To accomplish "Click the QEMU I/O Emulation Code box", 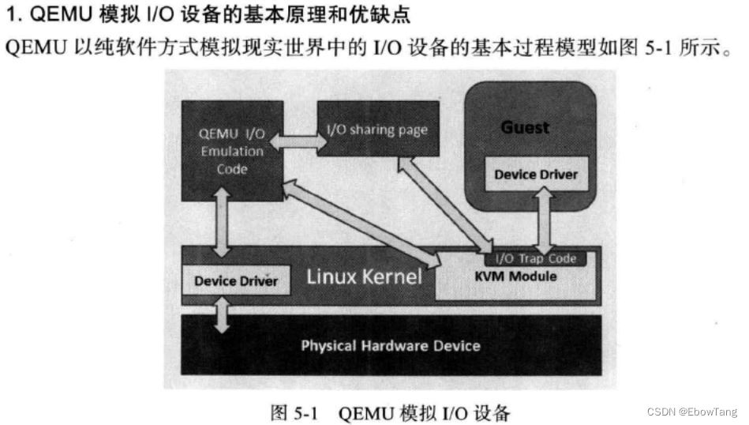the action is click(223, 150).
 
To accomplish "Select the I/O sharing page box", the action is click(377, 129).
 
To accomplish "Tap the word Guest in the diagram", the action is click(525, 127).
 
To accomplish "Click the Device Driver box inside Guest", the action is click(536, 174).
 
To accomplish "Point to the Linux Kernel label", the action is click(364, 277).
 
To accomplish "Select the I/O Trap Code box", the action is click(535, 258).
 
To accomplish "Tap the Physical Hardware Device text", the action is click(390, 345).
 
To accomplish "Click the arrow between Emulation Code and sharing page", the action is click(298, 142).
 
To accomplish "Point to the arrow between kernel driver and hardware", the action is click(223, 314).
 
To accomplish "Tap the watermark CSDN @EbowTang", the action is click(691, 412).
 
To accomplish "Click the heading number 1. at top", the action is click(13, 13).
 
